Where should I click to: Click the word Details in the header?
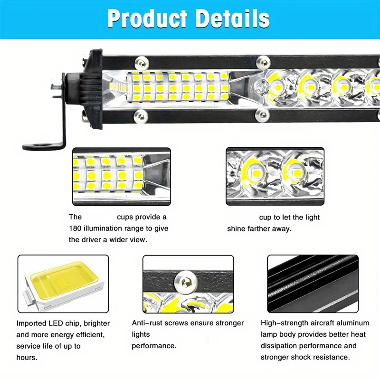[x=233, y=19]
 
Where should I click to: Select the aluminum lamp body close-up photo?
[x=312, y=283]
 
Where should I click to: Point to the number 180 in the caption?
[x=76, y=228]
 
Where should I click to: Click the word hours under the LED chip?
[x=27, y=357]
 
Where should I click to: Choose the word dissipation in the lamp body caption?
[x=281, y=346]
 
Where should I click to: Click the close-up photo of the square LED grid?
[x=121, y=175]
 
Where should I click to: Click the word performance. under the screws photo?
[x=154, y=346]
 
